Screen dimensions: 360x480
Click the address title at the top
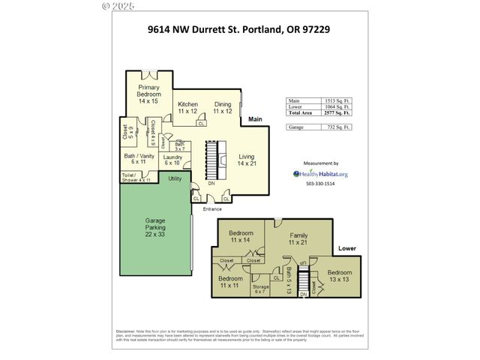coord(239,31)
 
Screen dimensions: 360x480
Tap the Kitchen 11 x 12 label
coord(187,107)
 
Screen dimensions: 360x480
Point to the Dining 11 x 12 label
coord(223,107)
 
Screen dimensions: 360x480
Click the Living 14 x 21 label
coord(247,159)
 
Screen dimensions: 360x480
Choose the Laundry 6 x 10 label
coord(173,160)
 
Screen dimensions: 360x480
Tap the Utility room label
coord(175,178)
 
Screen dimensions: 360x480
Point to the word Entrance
coord(211,208)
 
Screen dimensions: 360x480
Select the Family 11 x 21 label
coord(298,240)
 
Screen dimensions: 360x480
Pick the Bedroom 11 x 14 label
coord(241,237)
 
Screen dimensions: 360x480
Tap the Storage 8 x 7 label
coord(260,289)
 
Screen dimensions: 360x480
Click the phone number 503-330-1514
coord(320,184)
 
